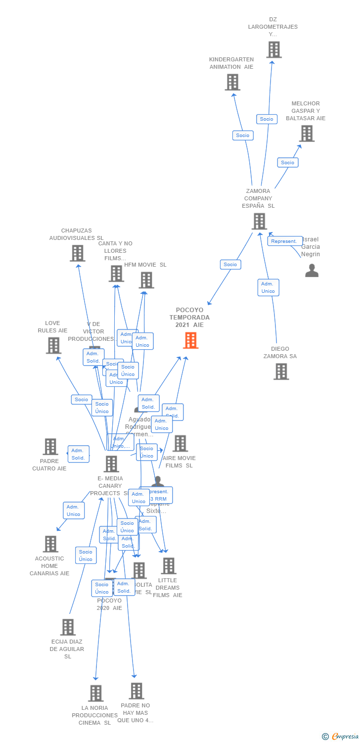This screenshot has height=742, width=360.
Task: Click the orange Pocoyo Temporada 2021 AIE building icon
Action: pyautogui.click(x=190, y=340)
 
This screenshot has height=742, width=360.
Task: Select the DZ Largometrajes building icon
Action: pyautogui.click(x=273, y=49)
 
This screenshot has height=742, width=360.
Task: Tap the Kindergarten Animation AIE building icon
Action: pyautogui.click(x=232, y=82)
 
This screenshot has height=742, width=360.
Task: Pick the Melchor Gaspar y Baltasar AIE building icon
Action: pyautogui.click(x=306, y=134)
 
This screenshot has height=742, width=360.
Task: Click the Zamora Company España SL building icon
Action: pyautogui.click(x=259, y=221)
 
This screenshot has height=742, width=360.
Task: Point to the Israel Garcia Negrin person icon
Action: pyautogui.click(x=312, y=271)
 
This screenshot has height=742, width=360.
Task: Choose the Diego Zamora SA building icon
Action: pyautogui.click(x=281, y=371)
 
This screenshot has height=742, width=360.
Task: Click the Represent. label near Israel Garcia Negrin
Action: pyautogui.click(x=285, y=241)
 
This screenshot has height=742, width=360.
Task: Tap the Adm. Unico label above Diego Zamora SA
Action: pyautogui.click(x=268, y=287)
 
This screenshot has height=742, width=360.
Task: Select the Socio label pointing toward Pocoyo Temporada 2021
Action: pyautogui.click(x=230, y=265)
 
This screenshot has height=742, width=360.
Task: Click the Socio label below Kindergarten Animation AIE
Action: pyautogui.click(x=243, y=135)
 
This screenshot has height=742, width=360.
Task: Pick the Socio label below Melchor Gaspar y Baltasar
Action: pyautogui.click(x=287, y=162)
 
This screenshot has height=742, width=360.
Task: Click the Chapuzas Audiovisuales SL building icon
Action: pyautogui.click(x=77, y=253)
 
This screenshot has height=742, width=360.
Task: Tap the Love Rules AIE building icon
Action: pyautogui.click(x=53, y=345)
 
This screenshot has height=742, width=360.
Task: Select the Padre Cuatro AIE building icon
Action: pyautogui.click(x=50, y=447)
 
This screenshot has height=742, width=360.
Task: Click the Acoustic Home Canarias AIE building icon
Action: pyautogui.click(x=50, y=544)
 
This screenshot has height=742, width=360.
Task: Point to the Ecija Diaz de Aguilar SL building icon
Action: pyautogui.click(x=68, y=627)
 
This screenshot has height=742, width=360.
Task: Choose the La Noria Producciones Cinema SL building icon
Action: pyautogui.click(x=95, y=694)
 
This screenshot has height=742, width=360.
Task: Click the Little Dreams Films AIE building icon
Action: pyautogui.click(x=168, y=566)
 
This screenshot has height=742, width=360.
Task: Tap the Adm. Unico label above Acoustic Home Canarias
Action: pyautogui.click(x=74, y=510)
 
